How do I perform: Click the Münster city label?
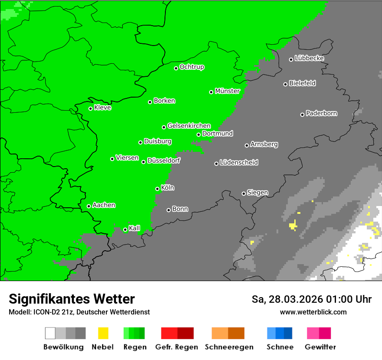[x=227, y=91]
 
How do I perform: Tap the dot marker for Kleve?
[x=90, y=108]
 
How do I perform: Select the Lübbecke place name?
[x=309, y=58]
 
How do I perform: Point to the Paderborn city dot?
[x=302, y=115]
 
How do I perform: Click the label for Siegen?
[x=257, y=193]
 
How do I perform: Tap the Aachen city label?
[x=104, y=205]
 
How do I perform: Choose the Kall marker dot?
[x=125, y=229]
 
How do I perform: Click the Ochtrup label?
[x=192, y=67]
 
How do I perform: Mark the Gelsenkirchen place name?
[x=189, y=126]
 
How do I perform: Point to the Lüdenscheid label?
[x=239, y=163]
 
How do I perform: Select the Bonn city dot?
[x=168, y=210]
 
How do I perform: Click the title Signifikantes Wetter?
[x=72, y=299]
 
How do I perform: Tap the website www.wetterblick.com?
[x=313, y=312]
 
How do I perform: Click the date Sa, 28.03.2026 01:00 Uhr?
[x=311, y=299]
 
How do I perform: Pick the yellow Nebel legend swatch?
[x=103, y=333]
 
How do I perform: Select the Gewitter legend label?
[x=320, y=347]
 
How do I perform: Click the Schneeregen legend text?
[x=229, y=347]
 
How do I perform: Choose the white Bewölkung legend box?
[x=50, y=333]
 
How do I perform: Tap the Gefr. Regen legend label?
[x=176, y=347]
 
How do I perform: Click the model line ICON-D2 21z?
[x=79, y=312]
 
